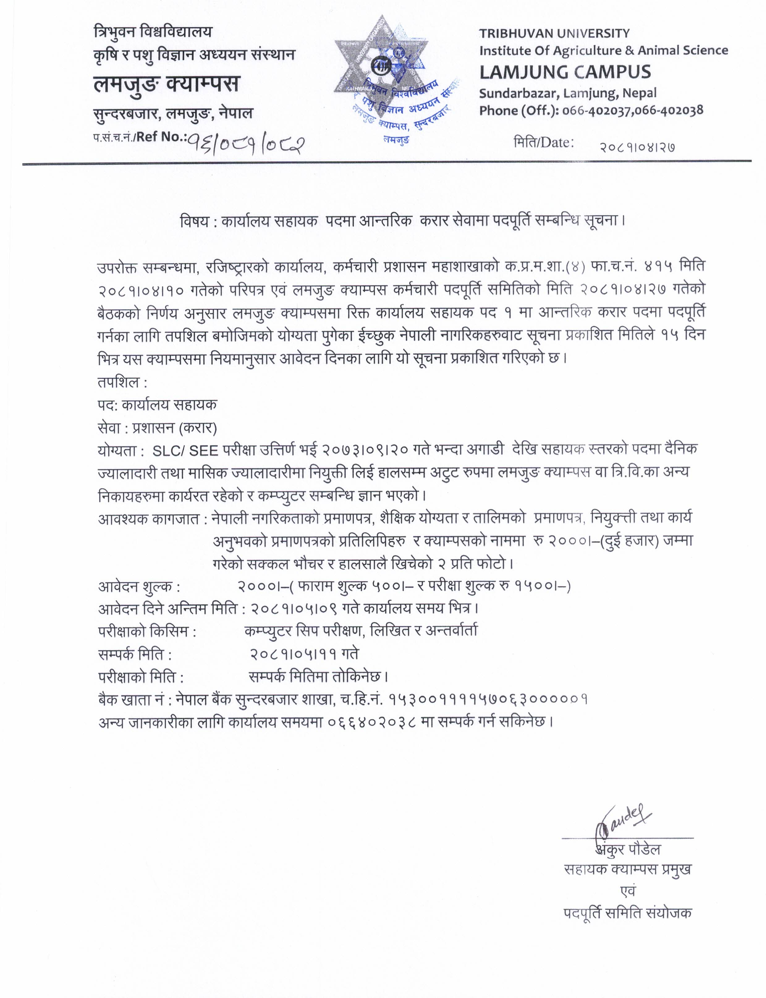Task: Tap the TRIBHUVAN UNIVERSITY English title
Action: click(x=554, y=33)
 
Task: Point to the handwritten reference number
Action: click(x=247, y=145)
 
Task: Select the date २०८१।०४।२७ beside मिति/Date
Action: click(x=637, y=147)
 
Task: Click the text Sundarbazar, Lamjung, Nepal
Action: click(x=568, y=93)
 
